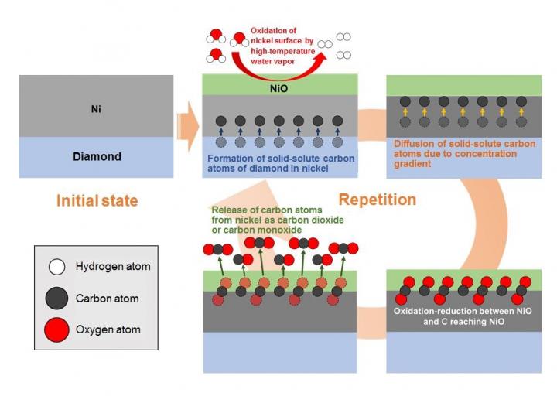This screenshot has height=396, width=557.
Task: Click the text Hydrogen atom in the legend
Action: click(113, 267)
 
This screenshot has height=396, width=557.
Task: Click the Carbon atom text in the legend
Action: click(108, 299)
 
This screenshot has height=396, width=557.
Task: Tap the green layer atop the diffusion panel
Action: click(463, 83)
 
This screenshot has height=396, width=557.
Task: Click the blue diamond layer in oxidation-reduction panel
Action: click(463, 352)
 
